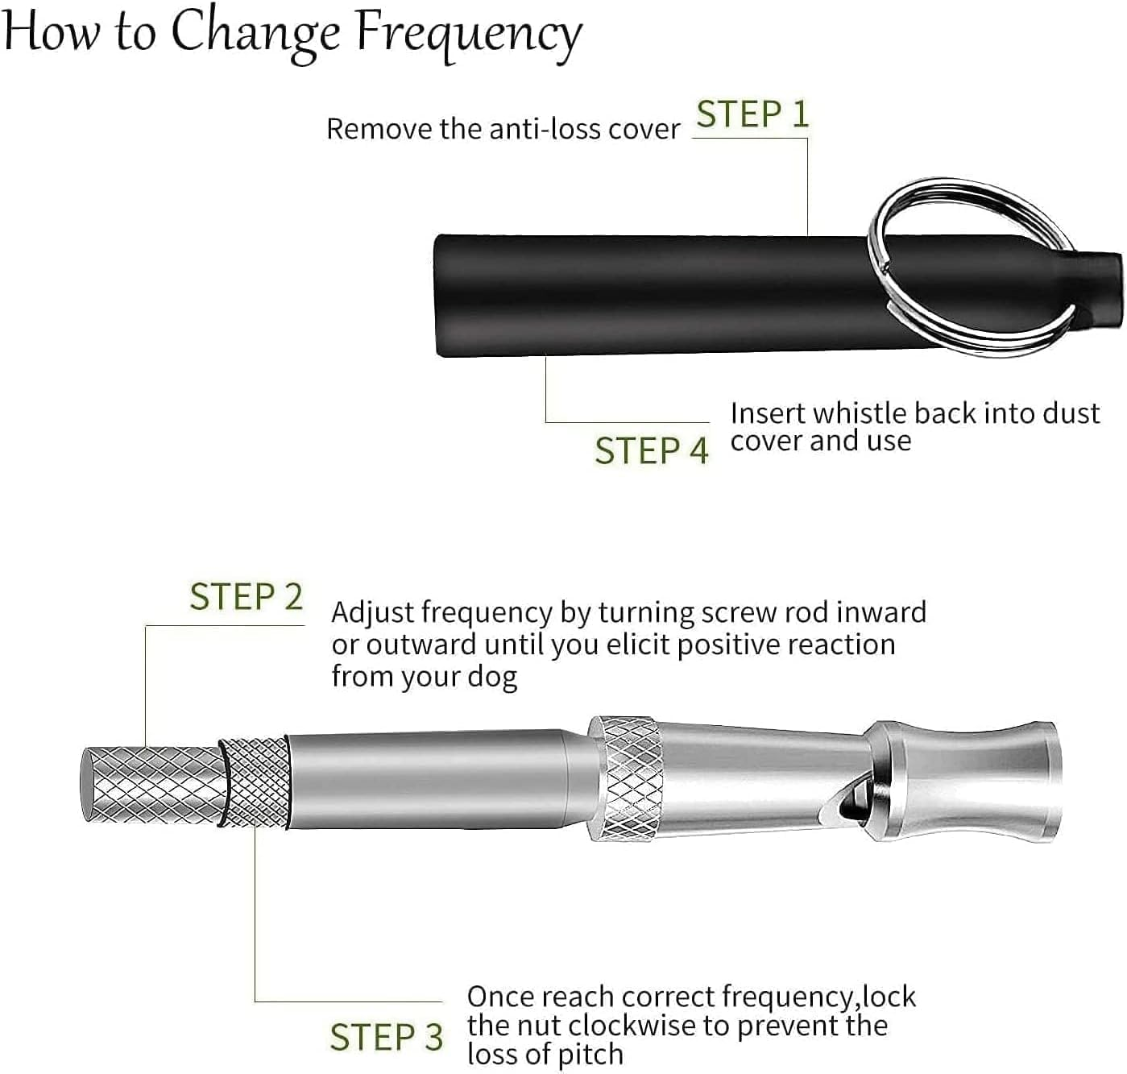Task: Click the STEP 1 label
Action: click(752, 114)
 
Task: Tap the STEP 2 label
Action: click(246, 597)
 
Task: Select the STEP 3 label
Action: click(386, 1037)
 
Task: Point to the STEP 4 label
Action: click(651, 450)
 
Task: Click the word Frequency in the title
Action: click(469, 34)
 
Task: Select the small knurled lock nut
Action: click(255, 782)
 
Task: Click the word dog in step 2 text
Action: click(493, 677)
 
